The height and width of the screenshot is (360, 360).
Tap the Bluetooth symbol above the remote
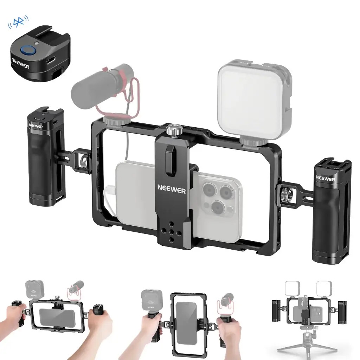pyautogui.click(x=18, y=22)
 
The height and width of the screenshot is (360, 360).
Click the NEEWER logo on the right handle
pyautogui.click(x=325, y=179)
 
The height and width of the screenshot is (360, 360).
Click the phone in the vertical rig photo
pyautogui.click(x=186, y=323)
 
